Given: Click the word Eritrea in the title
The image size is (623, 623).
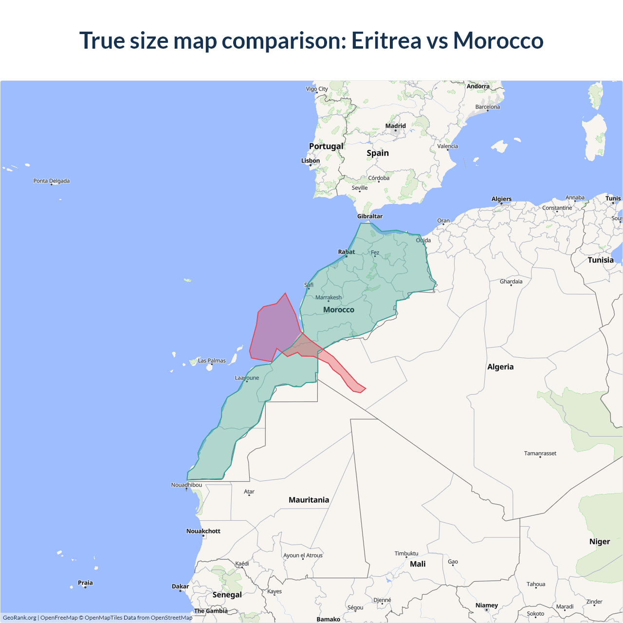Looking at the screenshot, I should (386, 40).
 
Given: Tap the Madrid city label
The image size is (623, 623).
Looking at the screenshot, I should (395, 126).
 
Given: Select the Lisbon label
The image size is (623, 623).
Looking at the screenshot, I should (311, 161).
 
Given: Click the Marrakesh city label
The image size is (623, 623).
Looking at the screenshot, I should (329, 297).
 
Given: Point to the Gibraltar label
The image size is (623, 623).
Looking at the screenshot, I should (370, 216).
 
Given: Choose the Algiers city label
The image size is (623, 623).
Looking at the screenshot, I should (501, 199).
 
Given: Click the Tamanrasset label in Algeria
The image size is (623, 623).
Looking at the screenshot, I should (540, 453).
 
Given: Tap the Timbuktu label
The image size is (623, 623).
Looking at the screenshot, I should (406, 553).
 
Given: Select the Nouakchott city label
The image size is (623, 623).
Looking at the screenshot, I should (203, 531).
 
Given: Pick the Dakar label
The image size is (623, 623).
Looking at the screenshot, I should (180, 586).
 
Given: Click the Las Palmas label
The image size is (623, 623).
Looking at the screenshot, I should (212, 361).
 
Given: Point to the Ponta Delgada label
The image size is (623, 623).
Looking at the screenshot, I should (52, 181).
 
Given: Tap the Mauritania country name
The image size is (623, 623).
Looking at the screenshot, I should (309, 500).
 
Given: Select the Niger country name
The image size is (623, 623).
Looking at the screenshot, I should (599, 542).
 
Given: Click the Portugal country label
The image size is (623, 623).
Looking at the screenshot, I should (326, 146).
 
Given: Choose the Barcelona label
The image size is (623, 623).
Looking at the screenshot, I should (487, 107).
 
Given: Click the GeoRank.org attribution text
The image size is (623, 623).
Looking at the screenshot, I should (19, 618).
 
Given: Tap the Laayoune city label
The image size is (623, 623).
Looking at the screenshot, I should (247, 378).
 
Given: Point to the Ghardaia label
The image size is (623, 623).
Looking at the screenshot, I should (511, 281).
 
